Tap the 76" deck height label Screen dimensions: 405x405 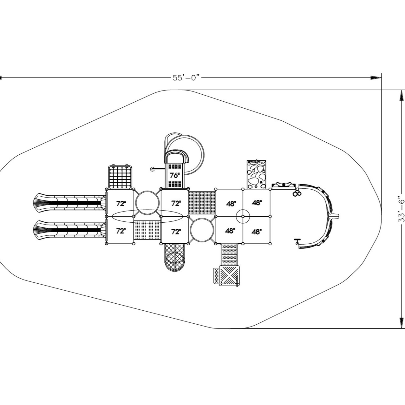pyautogui.click(x=174, y=175)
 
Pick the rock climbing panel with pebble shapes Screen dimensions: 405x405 pyautogui.click(x=257, y=174)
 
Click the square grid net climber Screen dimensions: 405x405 pyautogui.click(x=120, y=177)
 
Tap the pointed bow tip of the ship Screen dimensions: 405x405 pyautogui.click(x=337, y=216)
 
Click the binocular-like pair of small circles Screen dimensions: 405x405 pyautogui.click(x=297, y=193)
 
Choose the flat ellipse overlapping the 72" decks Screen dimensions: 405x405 pyautogui.click(x=147, y=216)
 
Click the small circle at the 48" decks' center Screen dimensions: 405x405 pyautogui.click(x=243, y=216)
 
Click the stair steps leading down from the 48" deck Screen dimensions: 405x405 pyautogui.click(x=229, y=254)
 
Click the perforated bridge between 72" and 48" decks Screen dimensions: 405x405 pyautogui.click(x=202, y=203)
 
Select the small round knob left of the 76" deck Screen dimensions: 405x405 pyautogui.click(x=152, y=169)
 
